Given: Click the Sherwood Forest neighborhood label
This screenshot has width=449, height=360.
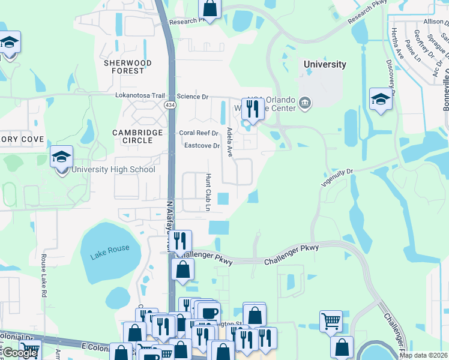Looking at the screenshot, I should point(124,67).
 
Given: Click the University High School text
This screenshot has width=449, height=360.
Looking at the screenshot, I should point(113,170).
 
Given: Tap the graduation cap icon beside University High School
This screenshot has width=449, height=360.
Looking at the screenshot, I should point(62,158).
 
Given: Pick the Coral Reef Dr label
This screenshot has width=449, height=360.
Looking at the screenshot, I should point(198,133).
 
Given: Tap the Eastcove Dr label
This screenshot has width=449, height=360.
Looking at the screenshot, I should point(202,146).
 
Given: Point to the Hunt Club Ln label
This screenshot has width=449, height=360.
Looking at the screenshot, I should point(208,193).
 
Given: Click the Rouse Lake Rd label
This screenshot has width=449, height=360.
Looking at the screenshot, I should point(44,275).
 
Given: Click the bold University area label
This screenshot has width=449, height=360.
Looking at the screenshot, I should point(325,64).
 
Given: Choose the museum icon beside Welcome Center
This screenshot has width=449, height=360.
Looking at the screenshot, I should point(305,104).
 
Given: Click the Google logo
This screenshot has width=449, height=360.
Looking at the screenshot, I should point(20,353).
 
